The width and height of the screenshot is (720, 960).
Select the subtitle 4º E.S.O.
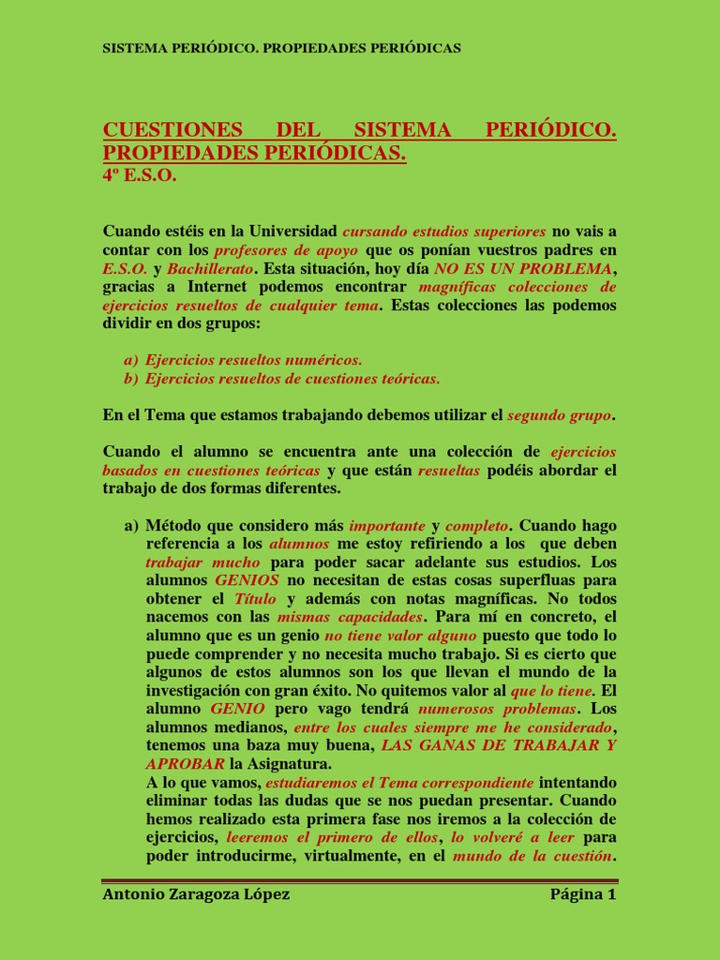click(139, 175)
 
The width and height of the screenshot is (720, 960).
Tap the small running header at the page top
click(281, 48)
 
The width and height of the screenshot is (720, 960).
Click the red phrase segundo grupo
click(560, 414)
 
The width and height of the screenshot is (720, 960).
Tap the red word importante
click(387, 525)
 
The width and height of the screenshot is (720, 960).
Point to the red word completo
click(477, 525)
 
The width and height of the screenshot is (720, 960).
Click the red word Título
click(255, 598)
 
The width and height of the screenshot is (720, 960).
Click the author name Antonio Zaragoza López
click(196, 894)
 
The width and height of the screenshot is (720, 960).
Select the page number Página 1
click(582, 894)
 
